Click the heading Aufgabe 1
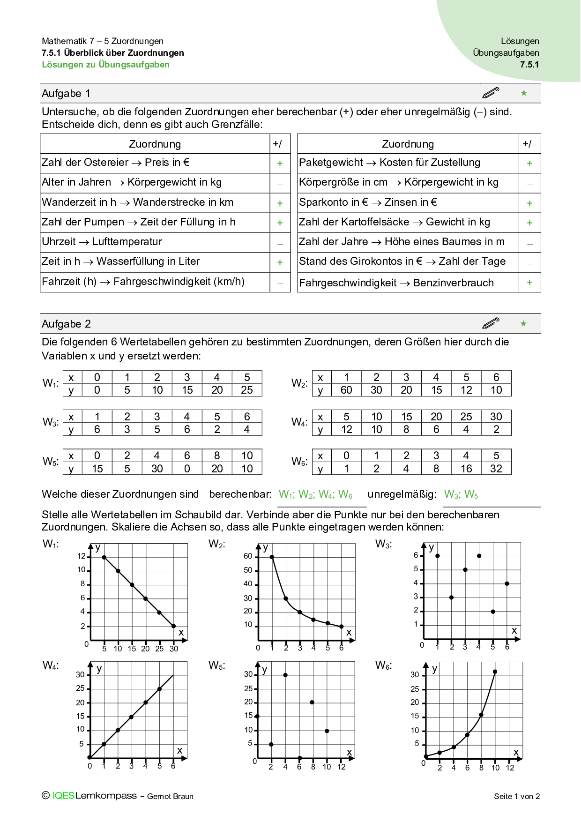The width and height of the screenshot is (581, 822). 66,93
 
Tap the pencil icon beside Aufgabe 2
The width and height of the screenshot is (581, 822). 491,323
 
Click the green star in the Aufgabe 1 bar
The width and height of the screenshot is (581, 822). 524,93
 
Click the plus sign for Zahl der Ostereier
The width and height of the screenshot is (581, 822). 280,163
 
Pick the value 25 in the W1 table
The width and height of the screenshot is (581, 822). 247,390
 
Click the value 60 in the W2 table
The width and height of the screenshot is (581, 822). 346,390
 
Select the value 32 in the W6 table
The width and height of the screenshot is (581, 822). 496,469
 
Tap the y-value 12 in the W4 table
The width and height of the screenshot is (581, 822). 346,429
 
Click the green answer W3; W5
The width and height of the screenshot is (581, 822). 461,494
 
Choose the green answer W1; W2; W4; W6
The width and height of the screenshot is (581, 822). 315,494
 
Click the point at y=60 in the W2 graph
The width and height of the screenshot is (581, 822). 272,557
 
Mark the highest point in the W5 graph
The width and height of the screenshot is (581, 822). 285,675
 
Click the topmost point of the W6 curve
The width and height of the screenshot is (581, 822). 495,672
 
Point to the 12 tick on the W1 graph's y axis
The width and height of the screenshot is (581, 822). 82,556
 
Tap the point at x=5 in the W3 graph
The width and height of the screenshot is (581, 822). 493,612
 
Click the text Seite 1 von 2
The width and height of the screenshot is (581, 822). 517,796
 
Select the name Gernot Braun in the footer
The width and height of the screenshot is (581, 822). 170,796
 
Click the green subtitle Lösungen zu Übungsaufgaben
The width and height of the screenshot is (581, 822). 106,65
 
